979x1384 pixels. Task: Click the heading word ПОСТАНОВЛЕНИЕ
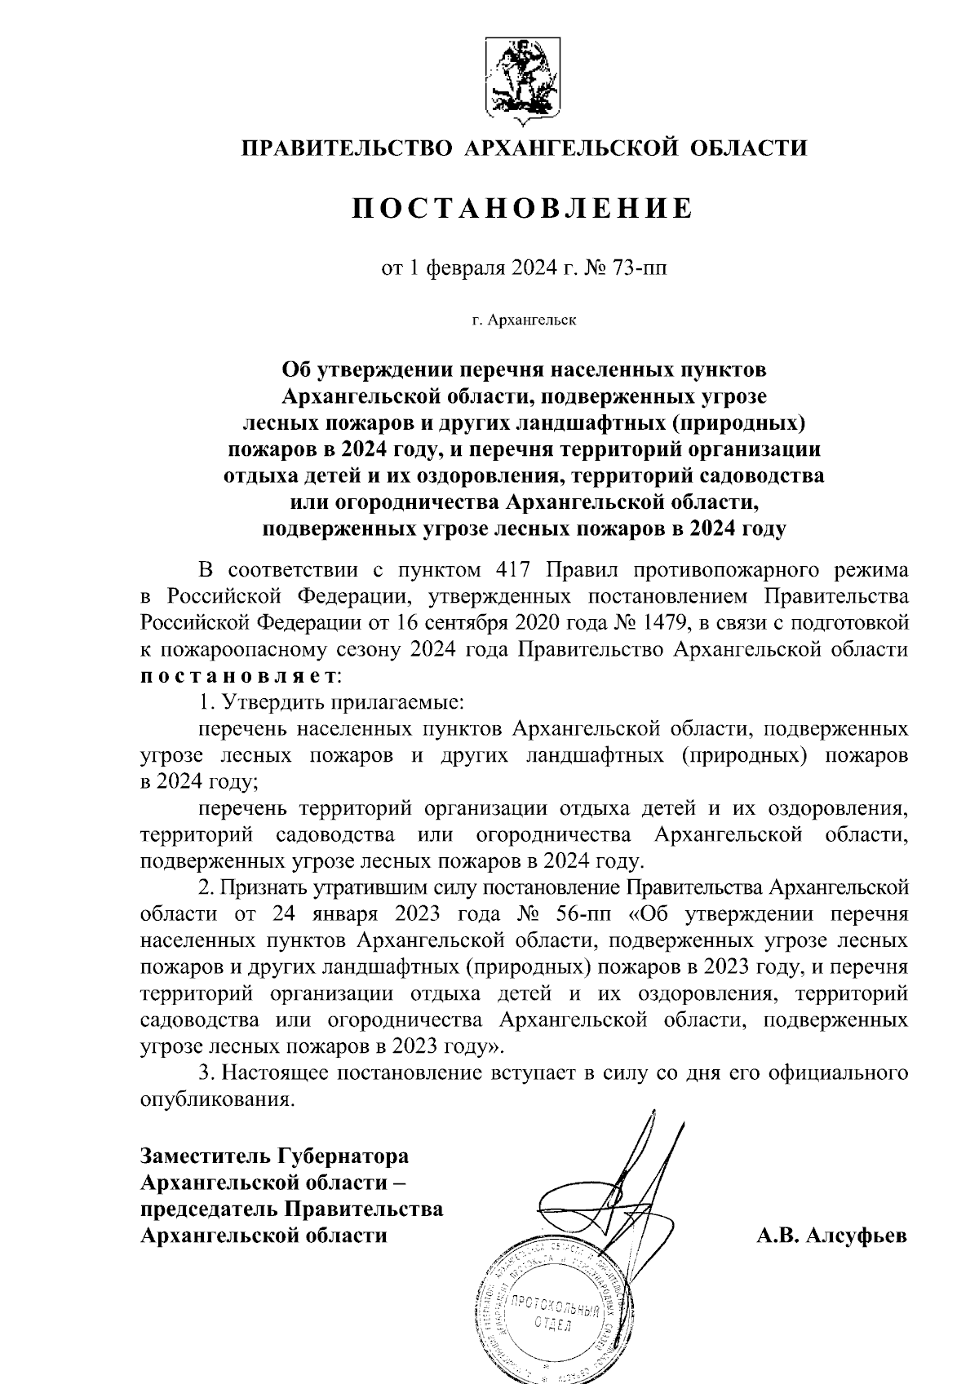click(522, 209)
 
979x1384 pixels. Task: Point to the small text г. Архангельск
click(522, 320)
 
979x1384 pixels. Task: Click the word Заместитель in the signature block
click(206, 1156)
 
